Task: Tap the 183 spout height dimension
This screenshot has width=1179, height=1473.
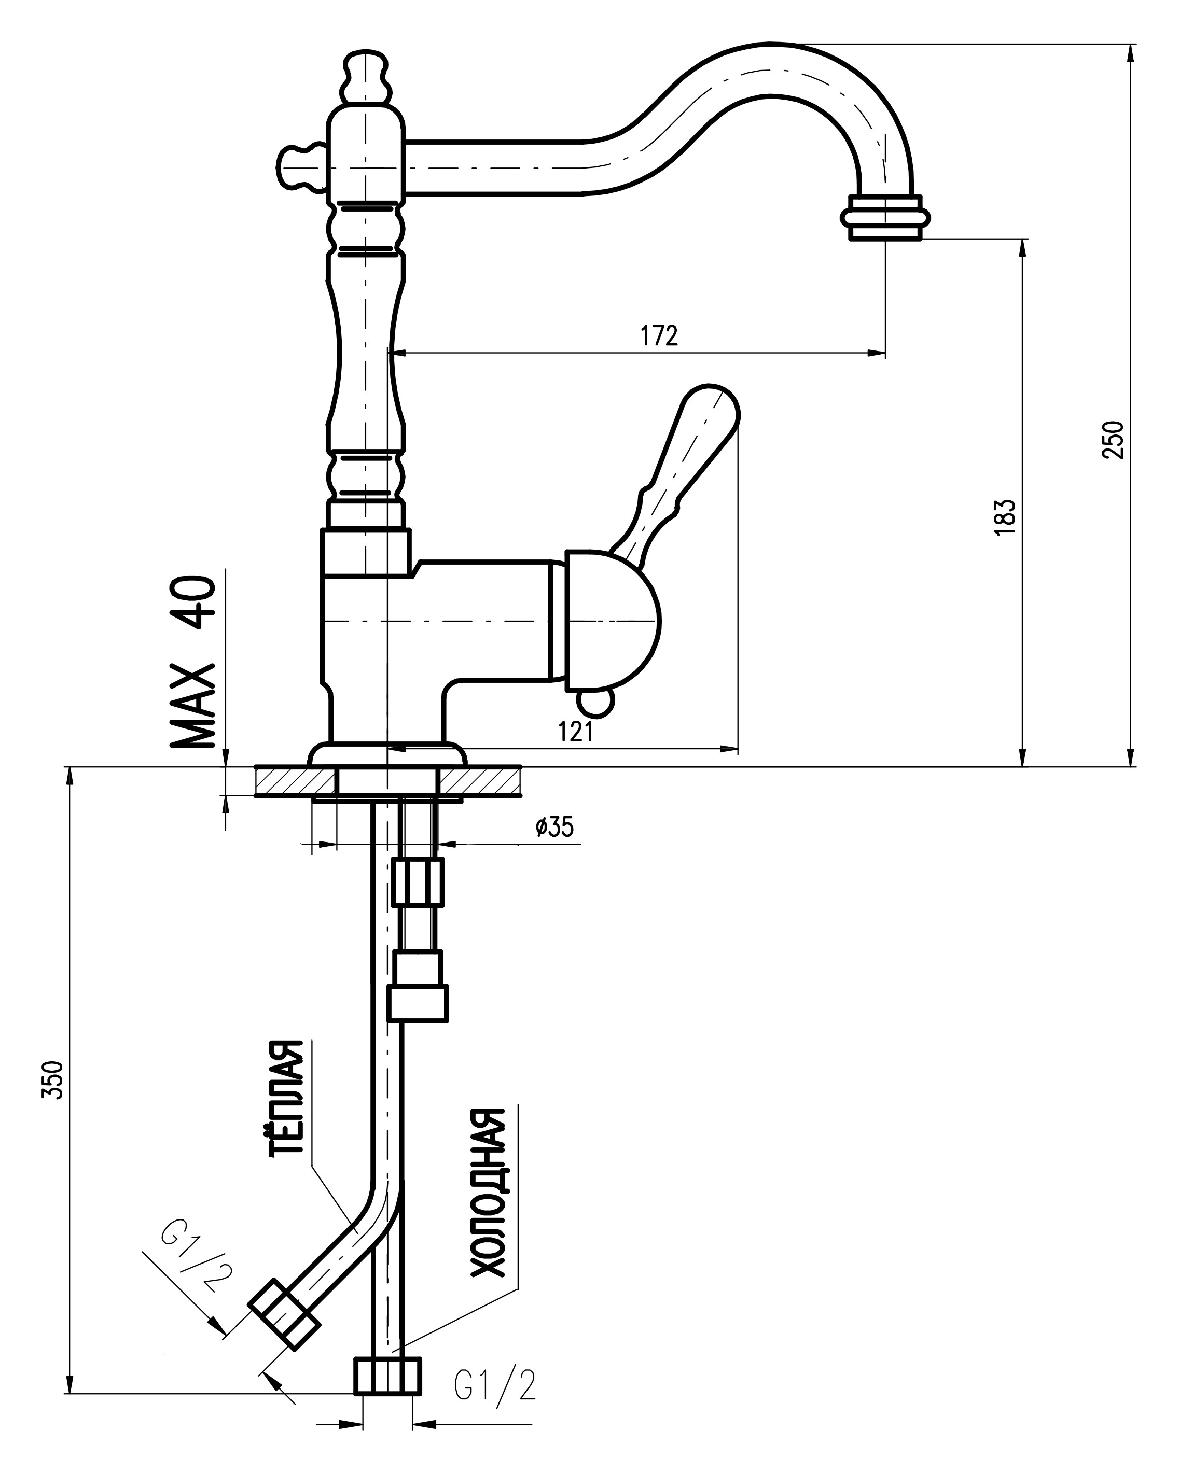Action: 1007,517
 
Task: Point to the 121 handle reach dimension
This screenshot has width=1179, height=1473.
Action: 575,732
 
